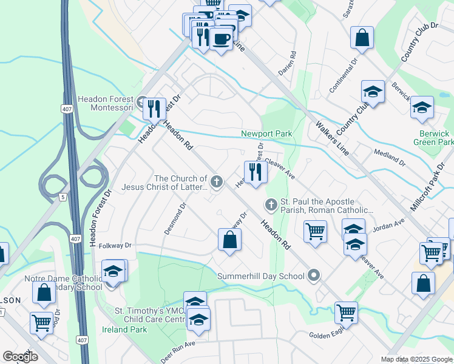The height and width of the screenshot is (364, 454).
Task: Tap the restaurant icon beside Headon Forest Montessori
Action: coord(154,109)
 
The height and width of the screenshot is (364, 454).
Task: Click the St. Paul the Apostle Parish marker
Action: coord(271,204)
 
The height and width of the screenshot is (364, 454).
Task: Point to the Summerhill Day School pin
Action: coord(314,276)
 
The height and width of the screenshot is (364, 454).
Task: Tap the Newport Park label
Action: coord(266,133)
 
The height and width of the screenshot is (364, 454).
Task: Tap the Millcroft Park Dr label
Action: coord(427,189)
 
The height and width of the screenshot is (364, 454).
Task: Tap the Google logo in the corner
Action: coord(20,356)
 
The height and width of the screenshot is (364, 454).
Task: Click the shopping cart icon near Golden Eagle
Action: coord(346,313)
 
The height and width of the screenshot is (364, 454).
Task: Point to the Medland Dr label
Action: coord(390,158)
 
